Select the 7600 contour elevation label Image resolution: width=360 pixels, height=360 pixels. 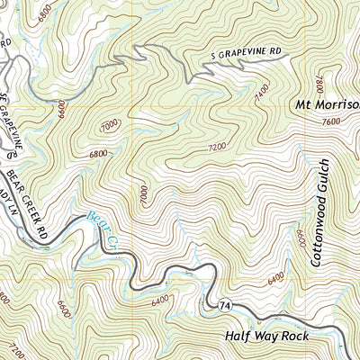330,121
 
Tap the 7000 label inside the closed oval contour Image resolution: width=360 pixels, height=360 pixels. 110,127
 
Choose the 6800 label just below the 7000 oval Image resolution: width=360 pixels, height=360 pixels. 99,154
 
